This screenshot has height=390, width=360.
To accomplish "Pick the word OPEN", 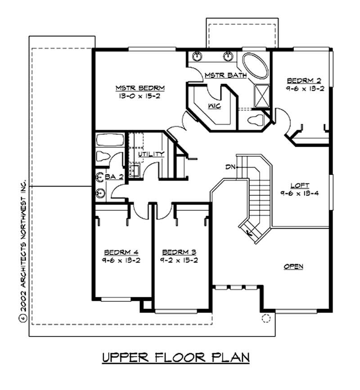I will click(293, 267).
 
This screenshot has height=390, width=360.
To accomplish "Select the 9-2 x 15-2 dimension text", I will click(179, 260).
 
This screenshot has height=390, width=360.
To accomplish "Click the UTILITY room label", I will click(150, 154).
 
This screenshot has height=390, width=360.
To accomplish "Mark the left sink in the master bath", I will click(197, 57).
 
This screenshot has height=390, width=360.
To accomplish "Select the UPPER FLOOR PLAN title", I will click(175, 358).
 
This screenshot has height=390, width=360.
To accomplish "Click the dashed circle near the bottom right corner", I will click(266, 319).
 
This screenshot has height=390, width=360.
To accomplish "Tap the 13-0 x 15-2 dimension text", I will click(134, 95).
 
